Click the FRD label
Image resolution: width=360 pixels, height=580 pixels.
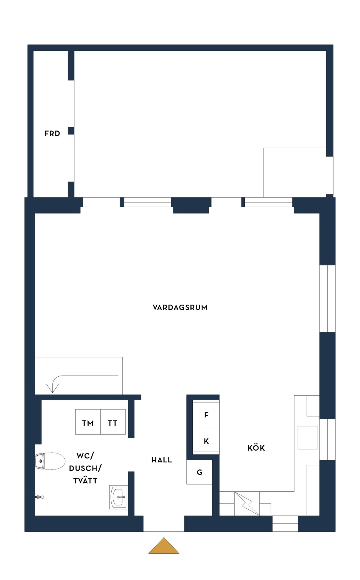[52, 134]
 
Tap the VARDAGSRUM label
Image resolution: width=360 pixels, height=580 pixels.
[180, 307]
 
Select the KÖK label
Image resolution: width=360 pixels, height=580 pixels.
[256, 448]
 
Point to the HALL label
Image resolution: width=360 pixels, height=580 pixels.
[161, 460]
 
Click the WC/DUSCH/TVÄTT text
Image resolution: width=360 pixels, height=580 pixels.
[85, 468]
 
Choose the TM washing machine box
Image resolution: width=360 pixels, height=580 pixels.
[88, 422]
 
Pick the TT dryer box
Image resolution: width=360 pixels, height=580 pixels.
[113, 422]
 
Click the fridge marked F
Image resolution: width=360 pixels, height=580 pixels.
[206, 415]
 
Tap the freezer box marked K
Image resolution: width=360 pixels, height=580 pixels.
[206, 441]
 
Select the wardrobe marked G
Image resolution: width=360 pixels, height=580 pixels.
[199, 472]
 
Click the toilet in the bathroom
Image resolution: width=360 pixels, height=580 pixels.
[50, 461]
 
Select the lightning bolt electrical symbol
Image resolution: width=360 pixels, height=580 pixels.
[247, 503]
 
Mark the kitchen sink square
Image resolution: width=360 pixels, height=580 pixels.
[307, 437]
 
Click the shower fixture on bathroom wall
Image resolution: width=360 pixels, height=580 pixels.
[39, 497]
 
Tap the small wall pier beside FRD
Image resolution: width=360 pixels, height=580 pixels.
[71, 131]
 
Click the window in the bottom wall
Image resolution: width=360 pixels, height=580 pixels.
[285, 523]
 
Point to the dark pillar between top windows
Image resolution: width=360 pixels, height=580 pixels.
[191, 205]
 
